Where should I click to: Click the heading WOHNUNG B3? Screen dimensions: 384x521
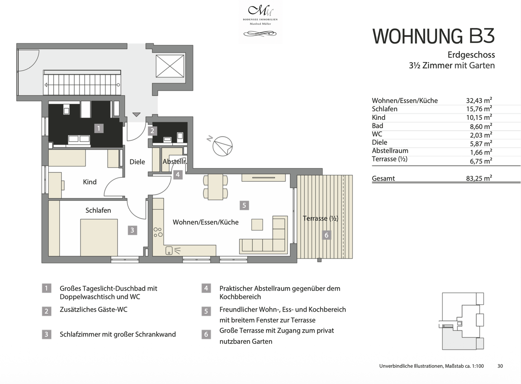[x=433, y=36]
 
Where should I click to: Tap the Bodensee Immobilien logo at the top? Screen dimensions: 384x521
[x=260, y=21]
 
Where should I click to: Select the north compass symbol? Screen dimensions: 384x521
[x=222, y=146]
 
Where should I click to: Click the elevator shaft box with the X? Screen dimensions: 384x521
[x=170, y=66]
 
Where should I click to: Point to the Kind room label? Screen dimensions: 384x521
[x=90, y=182]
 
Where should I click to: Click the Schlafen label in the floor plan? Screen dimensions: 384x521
[x=98, y=210]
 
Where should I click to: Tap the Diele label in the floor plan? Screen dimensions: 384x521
[x=137, y=162]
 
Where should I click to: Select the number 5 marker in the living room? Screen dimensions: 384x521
[x=244, y=206]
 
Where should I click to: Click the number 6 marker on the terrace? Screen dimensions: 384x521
[x=326, y=235]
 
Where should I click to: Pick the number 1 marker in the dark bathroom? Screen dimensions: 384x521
[x=98, y=128]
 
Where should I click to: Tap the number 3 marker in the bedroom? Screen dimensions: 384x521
[x=132, y=230]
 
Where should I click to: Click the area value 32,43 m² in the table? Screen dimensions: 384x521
[x=479, y=101]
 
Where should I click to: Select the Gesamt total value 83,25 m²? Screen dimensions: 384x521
[x=479, y=178]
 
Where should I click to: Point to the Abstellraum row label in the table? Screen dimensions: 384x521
[x=390, y=151]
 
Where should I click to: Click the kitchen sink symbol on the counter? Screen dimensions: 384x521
[x=169, y=250]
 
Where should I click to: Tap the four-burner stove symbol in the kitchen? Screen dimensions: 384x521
[x=158, y=232]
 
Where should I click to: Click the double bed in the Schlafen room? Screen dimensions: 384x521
[x=99, y=237]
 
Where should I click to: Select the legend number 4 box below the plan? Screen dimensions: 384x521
[x=206, y=288]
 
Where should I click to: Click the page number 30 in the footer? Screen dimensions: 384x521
[x=500, y=366]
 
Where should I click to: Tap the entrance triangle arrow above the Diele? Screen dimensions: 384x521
[x=136, y=115]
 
